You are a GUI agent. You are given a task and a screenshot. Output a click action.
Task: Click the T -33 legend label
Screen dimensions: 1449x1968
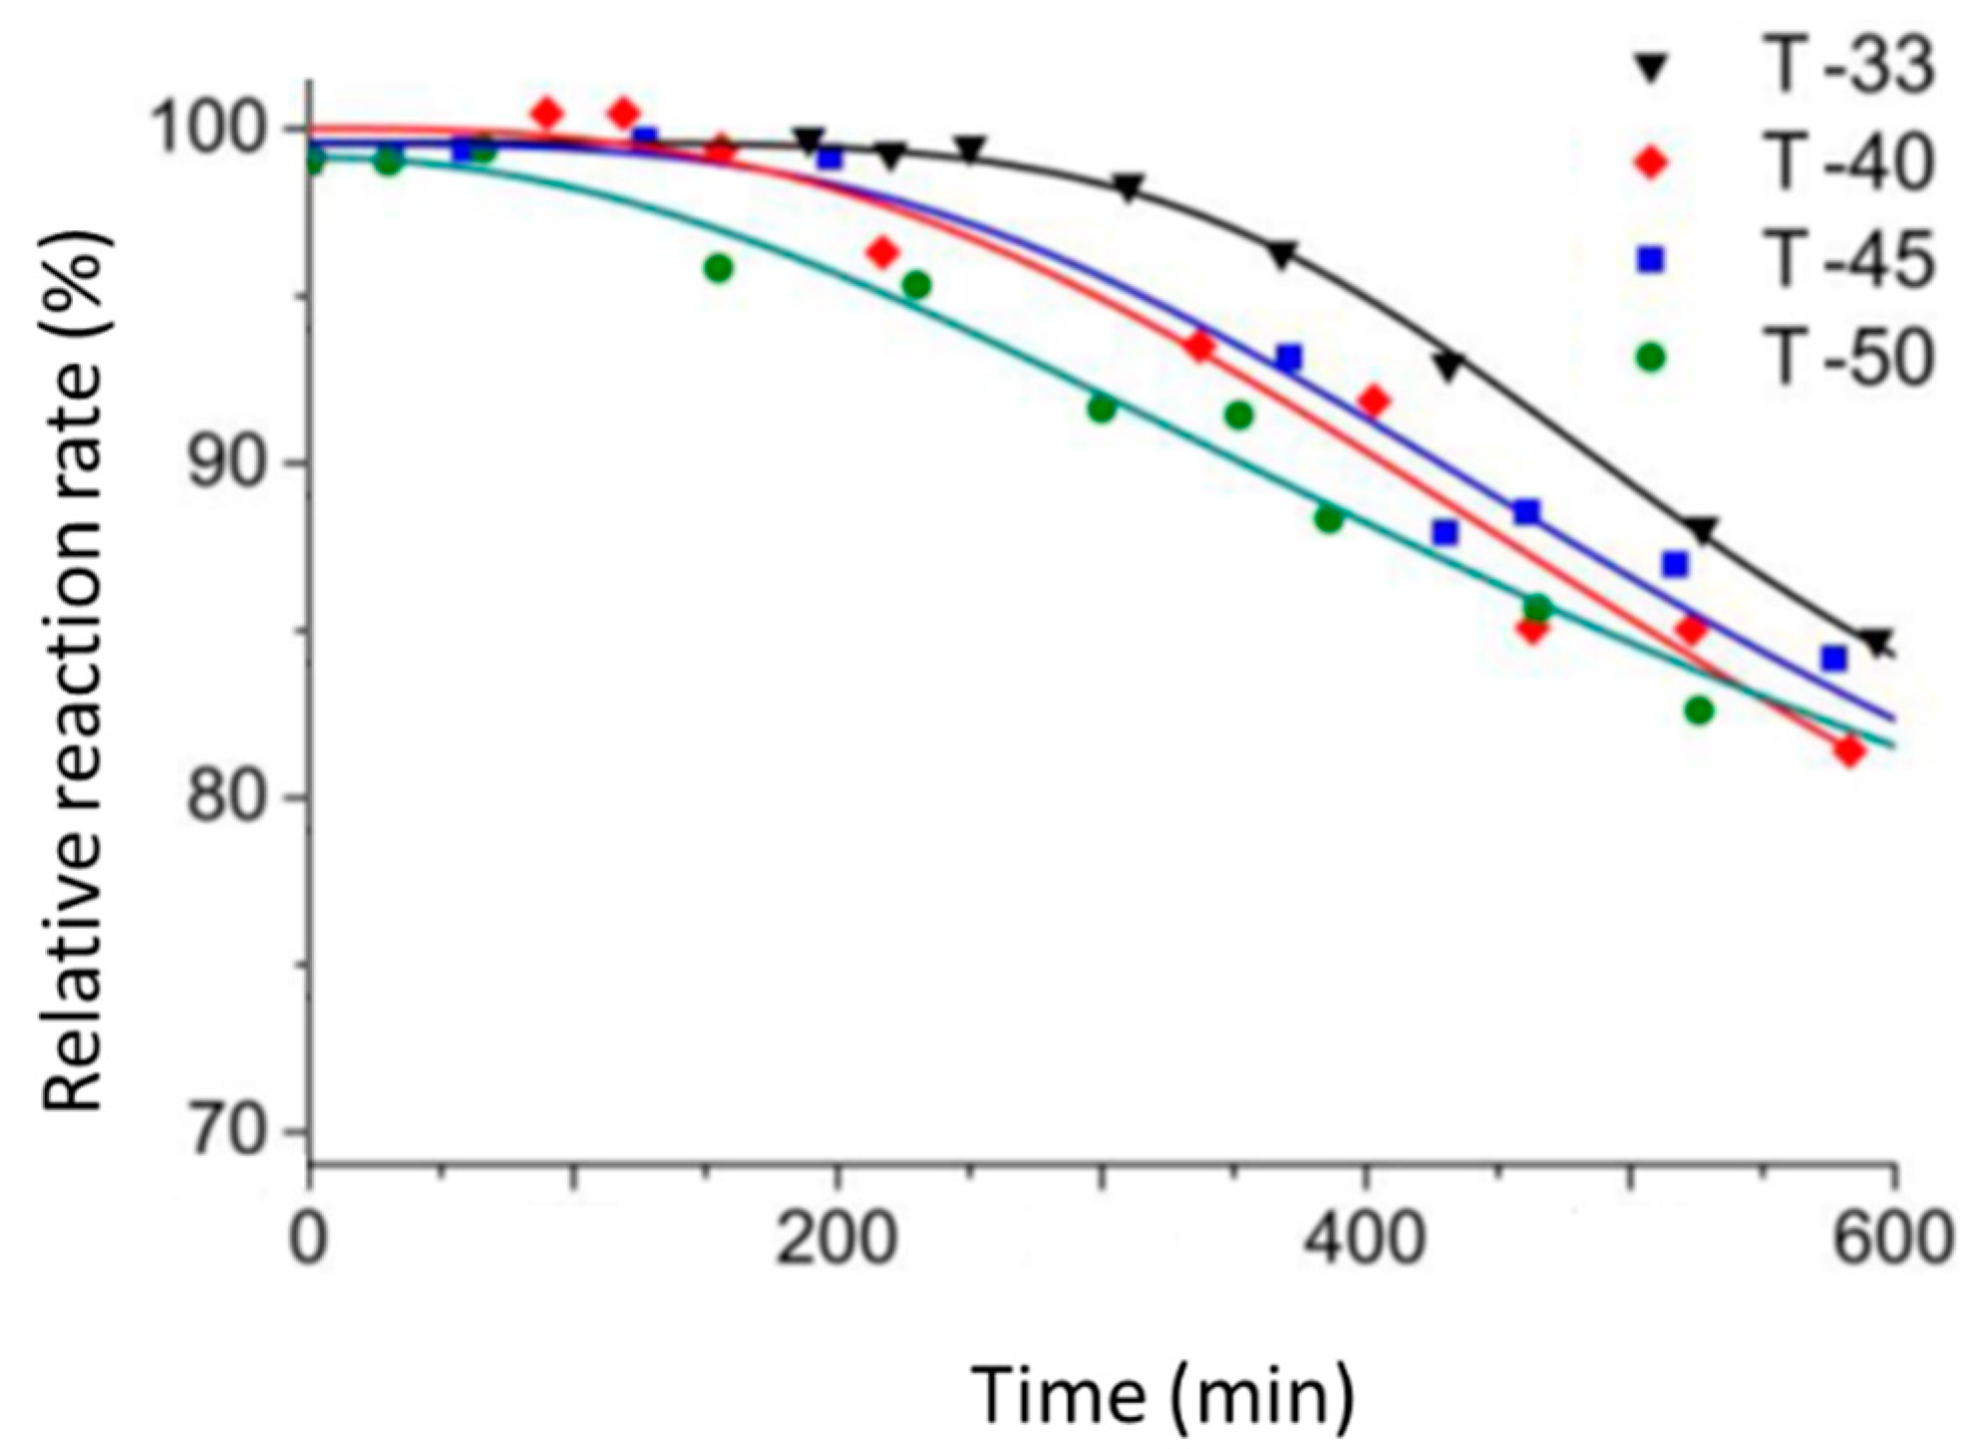1849,67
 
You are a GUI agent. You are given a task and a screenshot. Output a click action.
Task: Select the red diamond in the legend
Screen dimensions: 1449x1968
1652,161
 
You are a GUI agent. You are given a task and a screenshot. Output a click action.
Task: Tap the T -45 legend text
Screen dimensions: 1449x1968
1849,259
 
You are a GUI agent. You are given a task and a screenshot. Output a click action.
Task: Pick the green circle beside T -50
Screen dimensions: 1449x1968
1652,356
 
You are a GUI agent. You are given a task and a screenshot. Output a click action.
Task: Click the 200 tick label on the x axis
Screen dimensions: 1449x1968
835,1241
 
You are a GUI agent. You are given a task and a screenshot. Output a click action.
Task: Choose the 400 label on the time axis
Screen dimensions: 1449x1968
1364,1241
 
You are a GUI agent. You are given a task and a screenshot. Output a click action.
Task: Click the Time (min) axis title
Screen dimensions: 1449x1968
1162,1395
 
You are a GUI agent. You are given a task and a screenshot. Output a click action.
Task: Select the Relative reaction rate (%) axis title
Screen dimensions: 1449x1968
75,670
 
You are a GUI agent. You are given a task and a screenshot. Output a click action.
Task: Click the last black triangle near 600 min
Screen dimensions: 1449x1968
1878,643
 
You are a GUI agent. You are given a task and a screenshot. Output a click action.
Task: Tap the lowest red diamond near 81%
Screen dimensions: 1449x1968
1849,750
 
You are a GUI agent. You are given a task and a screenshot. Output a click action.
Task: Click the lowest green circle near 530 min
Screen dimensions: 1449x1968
1699,711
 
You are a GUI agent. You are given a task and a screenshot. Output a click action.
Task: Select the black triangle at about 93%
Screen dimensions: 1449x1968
1449,367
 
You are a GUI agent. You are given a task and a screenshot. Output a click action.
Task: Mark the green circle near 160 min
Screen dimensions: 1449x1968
718,267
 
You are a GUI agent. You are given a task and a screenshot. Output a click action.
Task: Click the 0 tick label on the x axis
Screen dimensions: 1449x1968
309,1241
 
